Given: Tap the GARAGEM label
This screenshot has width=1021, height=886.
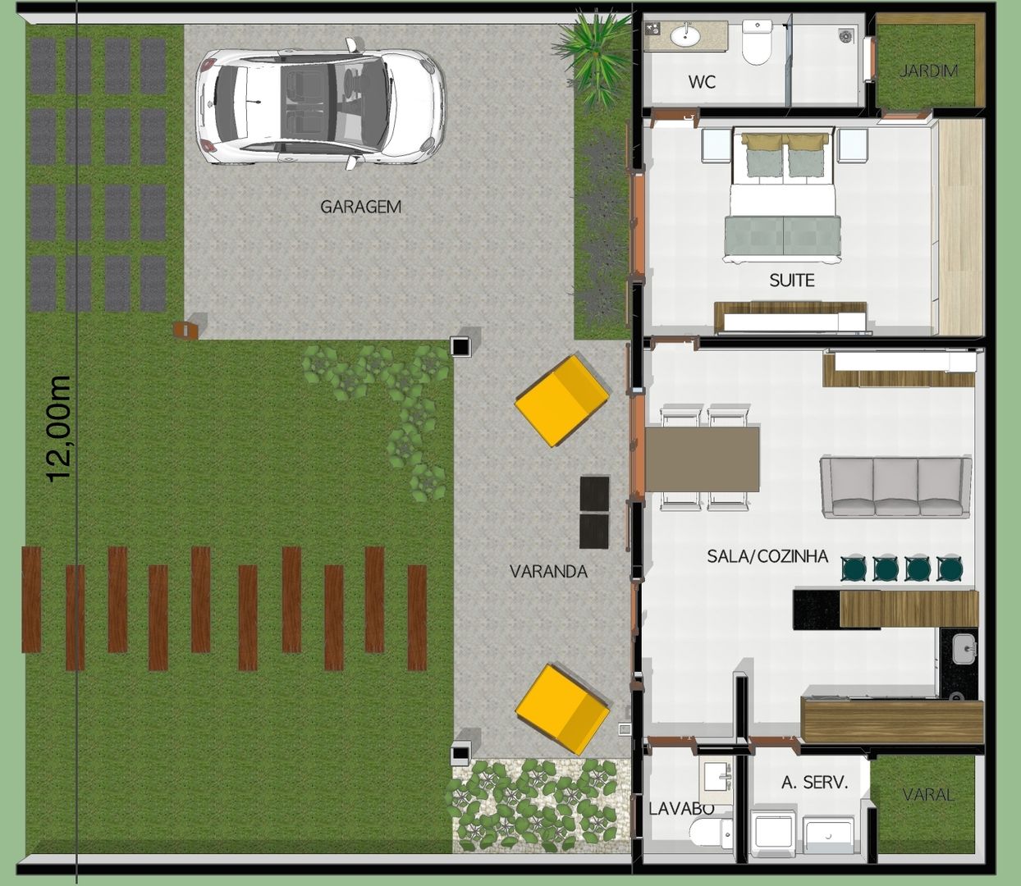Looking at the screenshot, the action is [361, 207].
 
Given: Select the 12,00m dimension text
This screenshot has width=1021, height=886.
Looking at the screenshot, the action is [59, 429].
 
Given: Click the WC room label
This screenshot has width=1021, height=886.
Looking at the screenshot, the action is [702, 82].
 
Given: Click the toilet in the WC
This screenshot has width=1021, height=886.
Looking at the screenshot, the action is [757, 42].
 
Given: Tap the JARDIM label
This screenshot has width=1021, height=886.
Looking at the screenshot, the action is [928, 71].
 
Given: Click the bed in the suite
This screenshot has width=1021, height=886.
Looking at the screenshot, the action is [782, 194].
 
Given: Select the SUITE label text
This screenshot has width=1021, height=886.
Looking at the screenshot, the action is [792, 281].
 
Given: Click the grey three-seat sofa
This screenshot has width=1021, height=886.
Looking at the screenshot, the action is [895, 486].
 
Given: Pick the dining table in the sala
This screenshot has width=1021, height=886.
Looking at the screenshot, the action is [703, 459].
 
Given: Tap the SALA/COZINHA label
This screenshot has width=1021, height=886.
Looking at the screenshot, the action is [767, 556].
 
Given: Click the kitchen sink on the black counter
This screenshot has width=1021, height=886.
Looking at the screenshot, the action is [964, 649].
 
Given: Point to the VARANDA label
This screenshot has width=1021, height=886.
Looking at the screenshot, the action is [548, 571].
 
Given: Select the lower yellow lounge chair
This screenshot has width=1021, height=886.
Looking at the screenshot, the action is [562, 709].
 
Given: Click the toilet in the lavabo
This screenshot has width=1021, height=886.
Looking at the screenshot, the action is [712, 833].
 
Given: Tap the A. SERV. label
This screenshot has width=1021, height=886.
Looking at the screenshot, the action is [814, 783].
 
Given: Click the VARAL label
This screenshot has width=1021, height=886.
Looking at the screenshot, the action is [928, 794].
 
